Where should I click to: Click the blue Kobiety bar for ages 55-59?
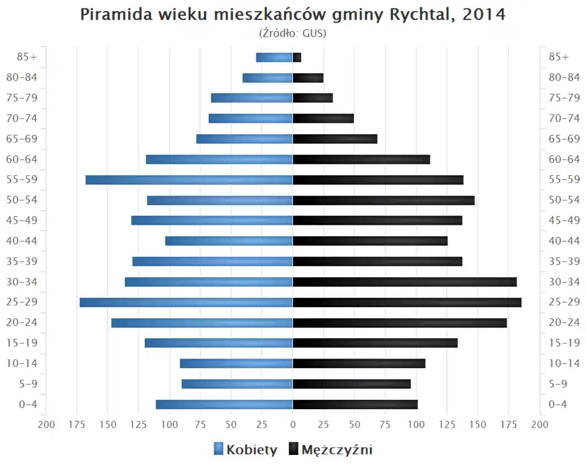coord(189,180)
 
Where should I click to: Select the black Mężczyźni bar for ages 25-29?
coord(407,302)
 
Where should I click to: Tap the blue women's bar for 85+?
coord(274,57)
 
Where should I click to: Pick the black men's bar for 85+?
coord(297,57)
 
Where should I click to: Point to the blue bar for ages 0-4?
coord(224,404)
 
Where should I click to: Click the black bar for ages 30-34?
coord(405,282)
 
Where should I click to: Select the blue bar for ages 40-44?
coord(229,241)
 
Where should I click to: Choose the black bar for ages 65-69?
coord(335,139)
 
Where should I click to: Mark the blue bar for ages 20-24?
coord(202,322)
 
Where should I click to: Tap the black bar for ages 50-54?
coord(383,200)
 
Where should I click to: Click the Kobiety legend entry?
coord(245,450)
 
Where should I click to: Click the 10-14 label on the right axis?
coord(564,363)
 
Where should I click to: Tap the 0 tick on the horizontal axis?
coord(293,425)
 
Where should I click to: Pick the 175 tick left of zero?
coord(78,425)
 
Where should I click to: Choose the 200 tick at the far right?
coord(539,425)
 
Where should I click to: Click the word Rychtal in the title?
coord(421,15)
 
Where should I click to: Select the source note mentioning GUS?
coord(293,33)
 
